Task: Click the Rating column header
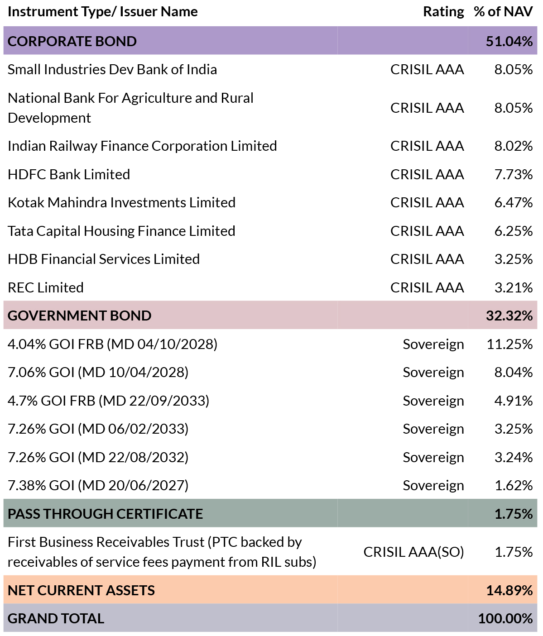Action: tap(443, 12)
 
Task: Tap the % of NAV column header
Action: tap(503, 12)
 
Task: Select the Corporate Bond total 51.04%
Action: tap(509, 41)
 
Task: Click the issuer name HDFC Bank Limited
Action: tap(69, 174)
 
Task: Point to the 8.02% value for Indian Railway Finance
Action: tap(514, 146)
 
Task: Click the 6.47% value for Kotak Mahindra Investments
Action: tap(514, 202)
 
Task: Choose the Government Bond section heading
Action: tap(79, 316)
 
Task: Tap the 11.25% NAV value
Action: tap(510, 344)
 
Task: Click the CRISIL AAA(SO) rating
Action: tap(414, 552)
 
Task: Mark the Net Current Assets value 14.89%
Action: tap(509, 590)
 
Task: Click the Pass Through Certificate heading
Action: tap(105, 514)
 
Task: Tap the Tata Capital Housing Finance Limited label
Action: tap(121, 231)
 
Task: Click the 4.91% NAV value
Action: tap(514, 401)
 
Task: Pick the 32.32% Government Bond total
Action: tap(509, 316)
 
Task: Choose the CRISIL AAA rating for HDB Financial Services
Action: tap(427, 259)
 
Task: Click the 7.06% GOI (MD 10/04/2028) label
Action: tap(98, 372)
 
